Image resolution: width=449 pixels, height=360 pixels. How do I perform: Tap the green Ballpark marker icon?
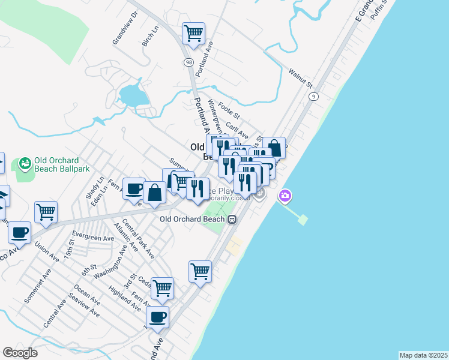tap(25, 163)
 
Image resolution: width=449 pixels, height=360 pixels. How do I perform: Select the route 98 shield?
tap(189, 62)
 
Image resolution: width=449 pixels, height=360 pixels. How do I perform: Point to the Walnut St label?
tap(301, 78)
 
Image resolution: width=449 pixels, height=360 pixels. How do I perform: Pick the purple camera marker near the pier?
tap(285, 196)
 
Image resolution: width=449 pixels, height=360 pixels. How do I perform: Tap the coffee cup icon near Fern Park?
tap(134, 189)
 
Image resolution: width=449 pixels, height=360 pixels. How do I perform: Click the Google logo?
tap(20, 353)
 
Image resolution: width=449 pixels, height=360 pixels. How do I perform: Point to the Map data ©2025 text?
tap(423, 355)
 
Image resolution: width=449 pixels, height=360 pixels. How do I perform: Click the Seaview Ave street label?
tap(84, 306)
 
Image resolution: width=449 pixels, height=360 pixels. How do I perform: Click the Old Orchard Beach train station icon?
tap(231, 219)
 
